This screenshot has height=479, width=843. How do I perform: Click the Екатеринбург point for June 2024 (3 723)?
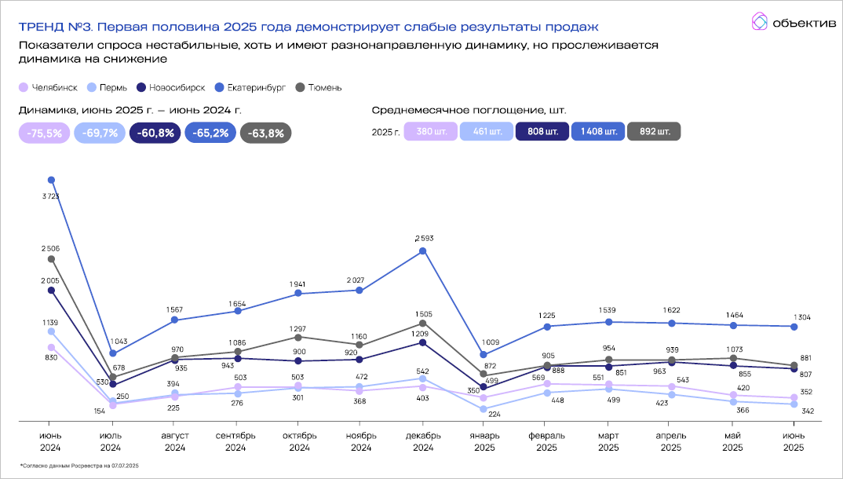point(51,180)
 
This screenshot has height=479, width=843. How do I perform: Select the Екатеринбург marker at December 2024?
point(422,251)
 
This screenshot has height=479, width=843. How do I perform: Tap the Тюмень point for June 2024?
point(51,259)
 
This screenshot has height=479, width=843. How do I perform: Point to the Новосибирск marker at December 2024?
point(422,342)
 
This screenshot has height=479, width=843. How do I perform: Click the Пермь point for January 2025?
point(484,409)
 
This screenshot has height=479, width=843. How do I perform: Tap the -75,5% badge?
point(44,133)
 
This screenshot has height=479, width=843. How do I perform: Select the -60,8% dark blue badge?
point(155,133)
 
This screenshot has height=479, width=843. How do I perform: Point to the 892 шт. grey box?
point(655,131)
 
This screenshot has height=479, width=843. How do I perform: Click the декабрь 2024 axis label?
point(422,442)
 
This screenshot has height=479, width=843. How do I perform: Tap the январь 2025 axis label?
point(484,442)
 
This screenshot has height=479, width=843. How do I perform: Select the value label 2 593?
point(422,238)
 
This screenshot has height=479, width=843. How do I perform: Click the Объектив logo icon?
point(759,22)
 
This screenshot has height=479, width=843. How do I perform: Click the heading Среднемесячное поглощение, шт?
point(469,110)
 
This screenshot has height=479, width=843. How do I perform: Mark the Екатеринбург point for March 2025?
point(608,322)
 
